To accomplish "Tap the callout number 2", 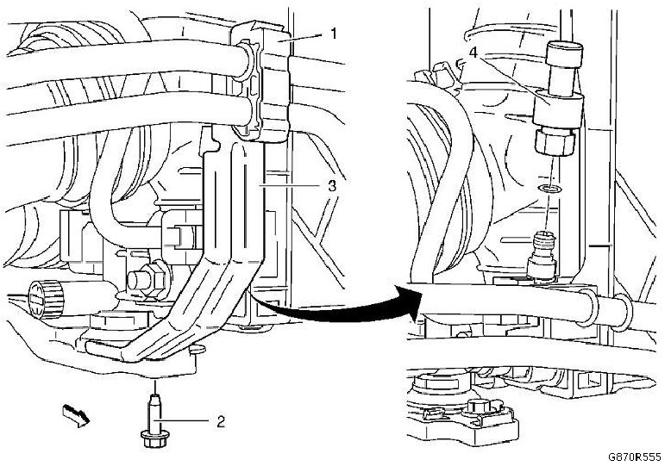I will [x=221, y=421].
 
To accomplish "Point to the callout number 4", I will [x=473, y=53].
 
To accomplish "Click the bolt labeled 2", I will [x=153, y=418].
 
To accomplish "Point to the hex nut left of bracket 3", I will [x=141, y=281].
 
